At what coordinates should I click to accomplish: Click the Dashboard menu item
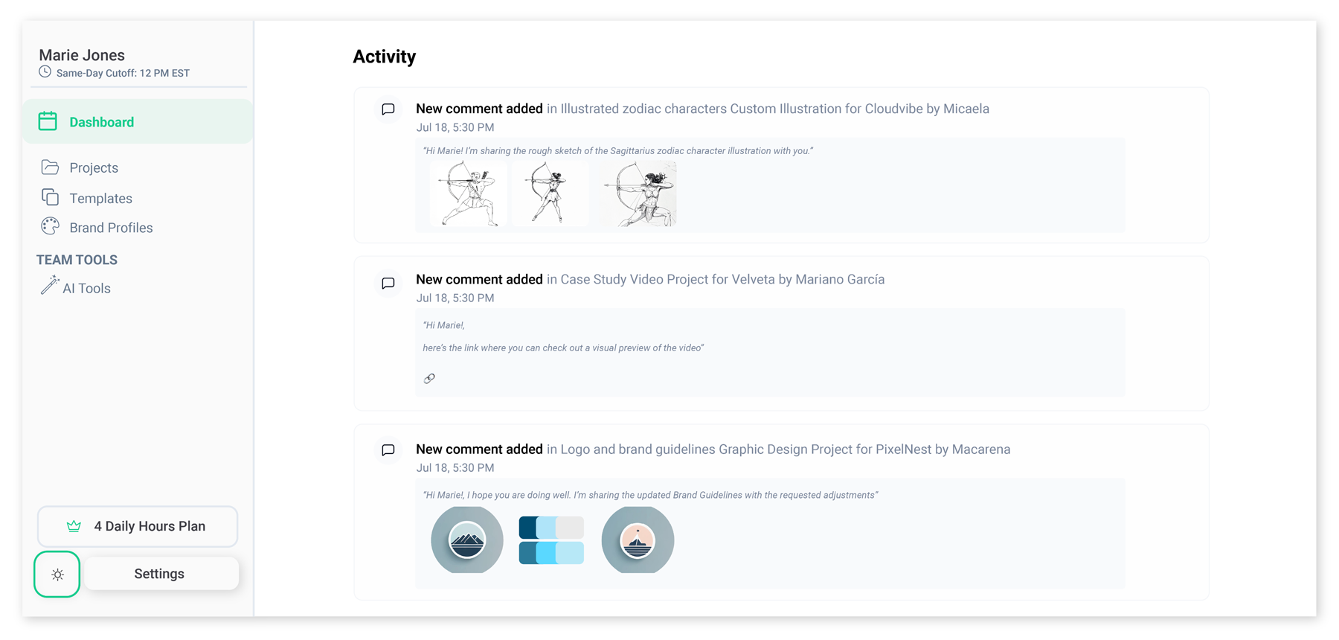point(101,122)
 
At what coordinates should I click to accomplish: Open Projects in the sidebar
point(93,167)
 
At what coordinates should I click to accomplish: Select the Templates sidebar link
point(100,198)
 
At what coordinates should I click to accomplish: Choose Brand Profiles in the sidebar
point(111,228)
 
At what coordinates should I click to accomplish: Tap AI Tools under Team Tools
point(86,288)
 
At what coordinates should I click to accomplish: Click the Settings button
point(160,574)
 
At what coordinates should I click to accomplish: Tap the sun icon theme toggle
point(57,575)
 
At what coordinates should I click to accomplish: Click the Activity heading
point(384,57)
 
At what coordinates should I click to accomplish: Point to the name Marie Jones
point(82,55)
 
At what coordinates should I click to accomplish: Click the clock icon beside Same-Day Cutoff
point(45,72)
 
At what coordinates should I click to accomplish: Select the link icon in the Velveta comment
point(429,379)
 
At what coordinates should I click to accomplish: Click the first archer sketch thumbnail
point(468,193)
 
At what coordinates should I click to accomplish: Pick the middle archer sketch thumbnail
point(550,193)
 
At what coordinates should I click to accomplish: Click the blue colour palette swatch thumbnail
point(551,540)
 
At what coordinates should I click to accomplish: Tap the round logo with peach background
point(638,540)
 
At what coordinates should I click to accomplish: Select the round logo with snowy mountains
point(467,540)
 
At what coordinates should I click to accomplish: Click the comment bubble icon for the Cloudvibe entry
point(388,109)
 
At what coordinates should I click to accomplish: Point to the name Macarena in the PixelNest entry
point(981,449)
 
